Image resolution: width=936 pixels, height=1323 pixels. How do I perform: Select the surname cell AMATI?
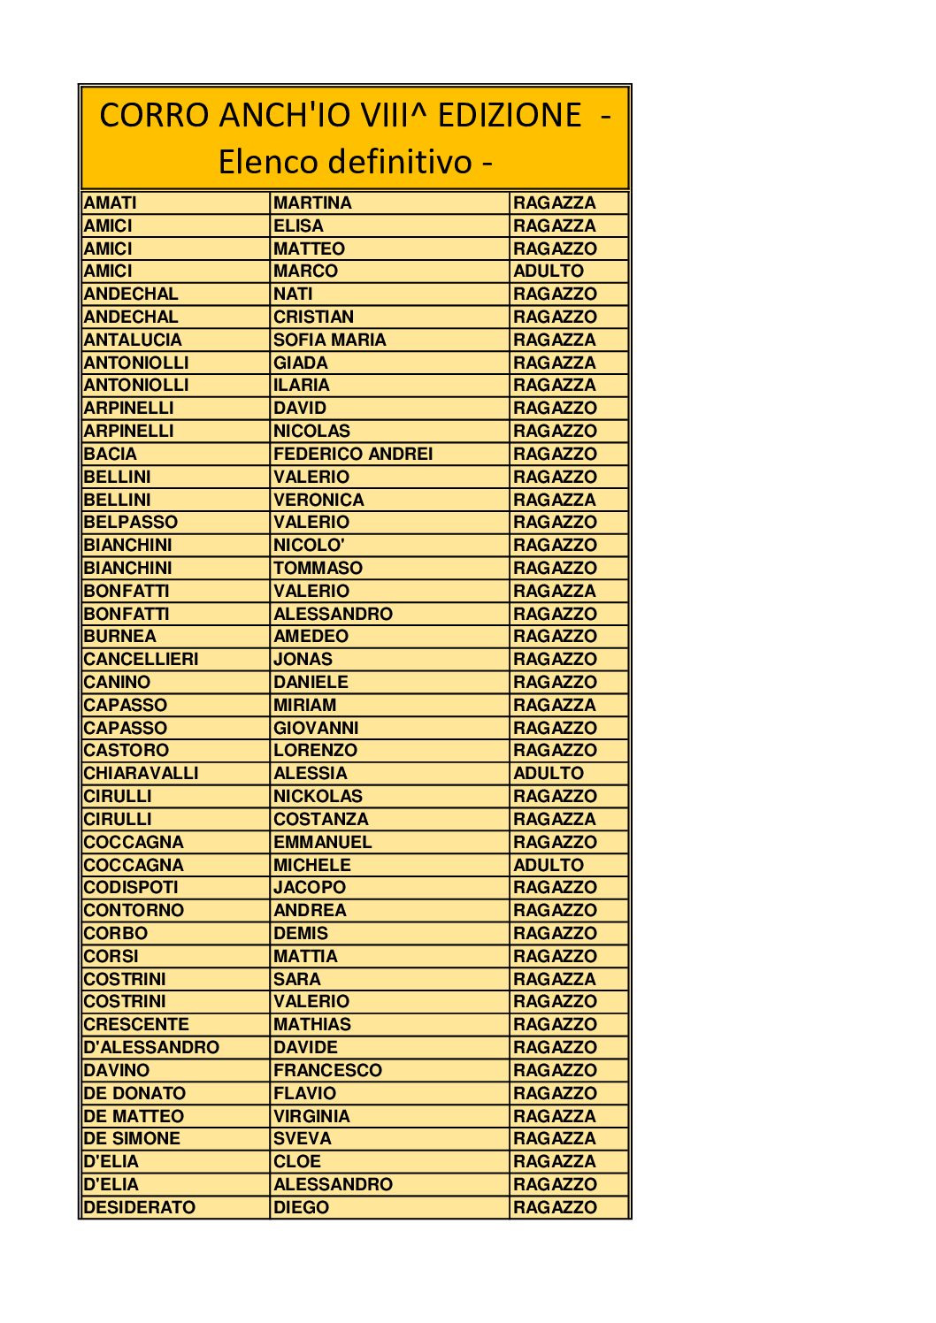pyautogui.click(x=111, y=203)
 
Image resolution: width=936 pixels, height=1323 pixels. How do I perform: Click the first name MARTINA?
pyautogui.click(x=312, y=203)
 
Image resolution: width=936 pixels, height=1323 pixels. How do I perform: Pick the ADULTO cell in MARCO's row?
pyautogui.click(x=549, y=271)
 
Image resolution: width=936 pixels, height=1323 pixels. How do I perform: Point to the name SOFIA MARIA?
pyautogui.click(x=329, y=340)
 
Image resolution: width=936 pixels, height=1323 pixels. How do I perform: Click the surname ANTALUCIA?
pyautogui.click(x=133, y=340)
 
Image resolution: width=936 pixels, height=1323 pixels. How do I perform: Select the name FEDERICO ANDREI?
pyautogui.click(x=353, y=454)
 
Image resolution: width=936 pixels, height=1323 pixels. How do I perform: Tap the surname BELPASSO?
pyautogui.click(x=131, y=523)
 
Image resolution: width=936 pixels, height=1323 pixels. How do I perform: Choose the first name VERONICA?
pyautogui.click(x=318, y=500)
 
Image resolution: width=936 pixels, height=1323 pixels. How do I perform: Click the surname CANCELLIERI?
pyautogui.click(x=142, y=659)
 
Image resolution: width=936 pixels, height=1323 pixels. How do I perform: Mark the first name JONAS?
pyautogui.click(x=303, y=659)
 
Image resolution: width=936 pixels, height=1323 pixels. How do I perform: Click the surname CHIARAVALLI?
pyautogui.click(x=142, y=773)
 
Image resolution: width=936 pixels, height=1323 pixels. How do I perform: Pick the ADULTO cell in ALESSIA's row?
pyautogui.click(x=549, y=773)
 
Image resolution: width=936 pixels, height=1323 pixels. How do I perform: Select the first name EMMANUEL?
pyautogui.click(x=322, y=842)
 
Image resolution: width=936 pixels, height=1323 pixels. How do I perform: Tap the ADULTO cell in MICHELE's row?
pyautogui.click(x=549, y=865)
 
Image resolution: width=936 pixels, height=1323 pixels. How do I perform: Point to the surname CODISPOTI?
pyautogui.click(x=131, y=887)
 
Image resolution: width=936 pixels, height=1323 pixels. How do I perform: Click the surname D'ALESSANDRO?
pyautogui.click(x=151, y=1047)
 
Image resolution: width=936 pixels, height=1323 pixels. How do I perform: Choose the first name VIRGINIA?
pyautogui.click(x=311, y=1116)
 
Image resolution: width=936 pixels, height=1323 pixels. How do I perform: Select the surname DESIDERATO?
pyautogui.click(x=140, y=1207)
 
